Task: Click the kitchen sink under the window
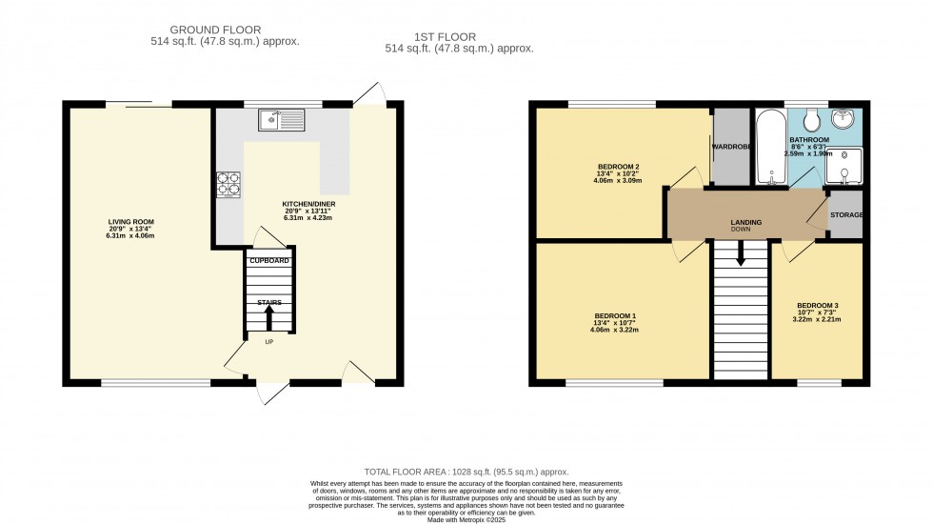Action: (x=280, y=119)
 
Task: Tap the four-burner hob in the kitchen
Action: (x=228, y=183)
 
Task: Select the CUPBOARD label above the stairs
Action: (x=268, y=260)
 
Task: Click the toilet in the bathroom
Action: (x=811, y=120)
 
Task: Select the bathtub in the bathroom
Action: (x=770, y=148)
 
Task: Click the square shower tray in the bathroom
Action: (x=844, y=167)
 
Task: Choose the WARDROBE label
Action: (x=731, y=147)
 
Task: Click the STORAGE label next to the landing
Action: (x=845, y=215)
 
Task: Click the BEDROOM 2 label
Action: (x=618, y=167)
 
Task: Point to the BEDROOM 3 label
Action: (x=817, y=306)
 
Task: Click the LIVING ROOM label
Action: (x=130, y=222)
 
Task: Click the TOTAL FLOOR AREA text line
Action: (x=466, y=472)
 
